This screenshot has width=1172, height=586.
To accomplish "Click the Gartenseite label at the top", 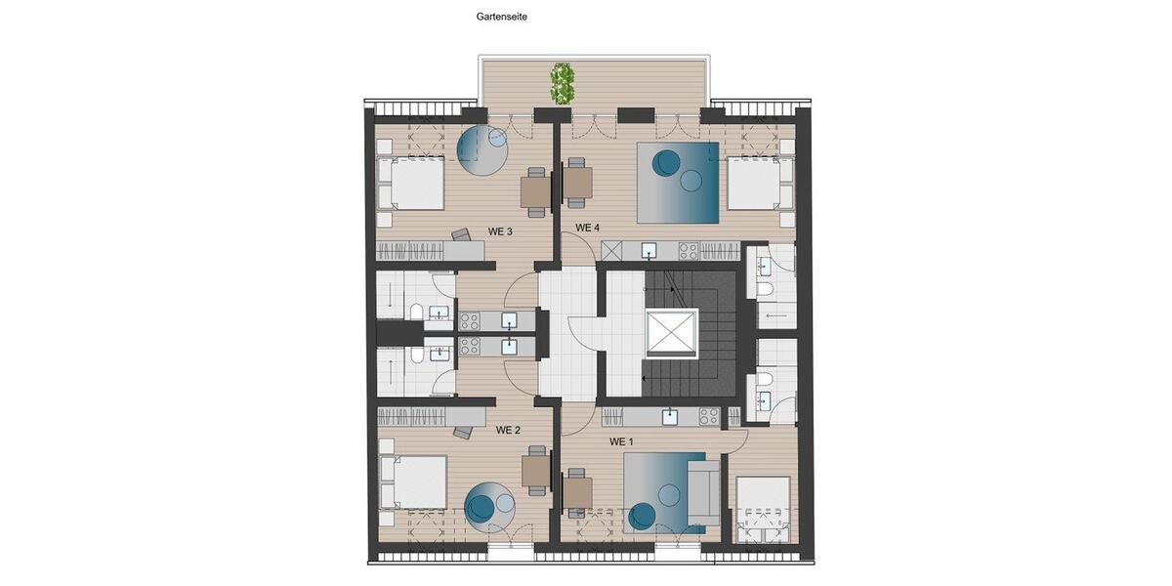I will [502, 17].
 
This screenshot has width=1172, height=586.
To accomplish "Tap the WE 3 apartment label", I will [501, 231].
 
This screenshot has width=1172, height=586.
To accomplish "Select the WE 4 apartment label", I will [587, 228].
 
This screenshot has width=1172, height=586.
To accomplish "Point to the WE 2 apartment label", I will [508, 430].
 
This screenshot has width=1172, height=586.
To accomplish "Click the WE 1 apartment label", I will [622, 441].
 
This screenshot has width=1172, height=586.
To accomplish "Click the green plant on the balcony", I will [561, 83].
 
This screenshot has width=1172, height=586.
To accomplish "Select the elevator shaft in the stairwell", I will [672, 333].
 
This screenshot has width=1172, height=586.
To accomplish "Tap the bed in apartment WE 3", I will [411, 184].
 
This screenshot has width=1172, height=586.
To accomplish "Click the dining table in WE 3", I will [534, 191].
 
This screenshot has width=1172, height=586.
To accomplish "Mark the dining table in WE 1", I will [578, 492].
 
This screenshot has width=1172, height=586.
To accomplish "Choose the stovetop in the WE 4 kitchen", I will [689, 251].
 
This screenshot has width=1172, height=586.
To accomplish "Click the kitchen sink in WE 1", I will [670, 417].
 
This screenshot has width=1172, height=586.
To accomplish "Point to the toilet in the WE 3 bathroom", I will [417, 313].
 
